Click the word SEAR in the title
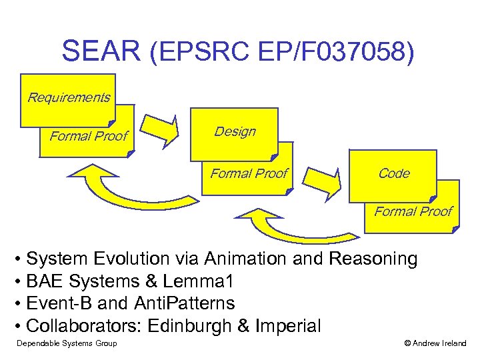[101, 51]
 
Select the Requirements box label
[69, 98]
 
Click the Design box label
[235, 131]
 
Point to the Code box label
[393, 173]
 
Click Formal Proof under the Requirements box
[89, 137]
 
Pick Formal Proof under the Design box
[249, 174]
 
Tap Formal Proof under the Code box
[413, 211]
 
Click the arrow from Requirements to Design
[163, 129]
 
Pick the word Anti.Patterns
[185, 304]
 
